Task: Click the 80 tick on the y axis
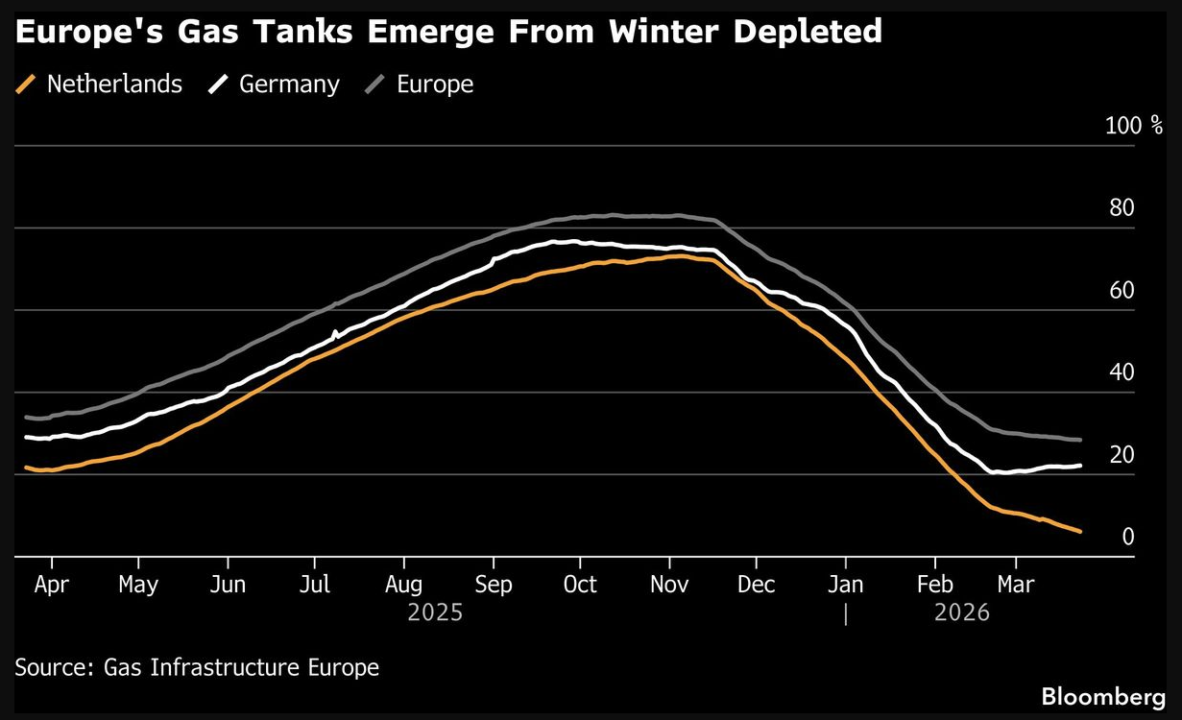pos(1122,208)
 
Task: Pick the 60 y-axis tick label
pos(1122,291)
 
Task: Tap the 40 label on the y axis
pos(1122,372)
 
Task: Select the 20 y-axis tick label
pos(1122,455)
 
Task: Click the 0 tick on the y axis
pos(1128,537)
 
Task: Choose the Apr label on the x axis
pos(51,585)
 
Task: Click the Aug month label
pos(403,585)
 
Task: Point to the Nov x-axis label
pos(668,585)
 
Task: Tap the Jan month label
pos(845,585)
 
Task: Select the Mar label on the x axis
pos(1016,585)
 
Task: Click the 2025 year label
pos(435,612)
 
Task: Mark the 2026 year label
pos(961,612)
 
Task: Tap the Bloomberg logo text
pos(1104,695)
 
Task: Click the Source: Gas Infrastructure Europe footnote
pos(197,667)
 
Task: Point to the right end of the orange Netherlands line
pos(1081,532)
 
